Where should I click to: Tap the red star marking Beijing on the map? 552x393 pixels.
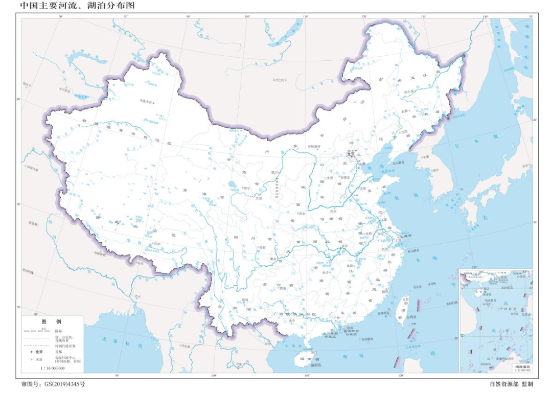pyautogui.click(x=351, y=156)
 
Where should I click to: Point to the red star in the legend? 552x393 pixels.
pyautogui.click(x=31, y=352)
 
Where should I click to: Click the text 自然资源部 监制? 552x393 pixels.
pyautogui.click(x=511, y=384)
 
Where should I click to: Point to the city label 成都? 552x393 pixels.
pyautogui.click(x=263, y=247)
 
